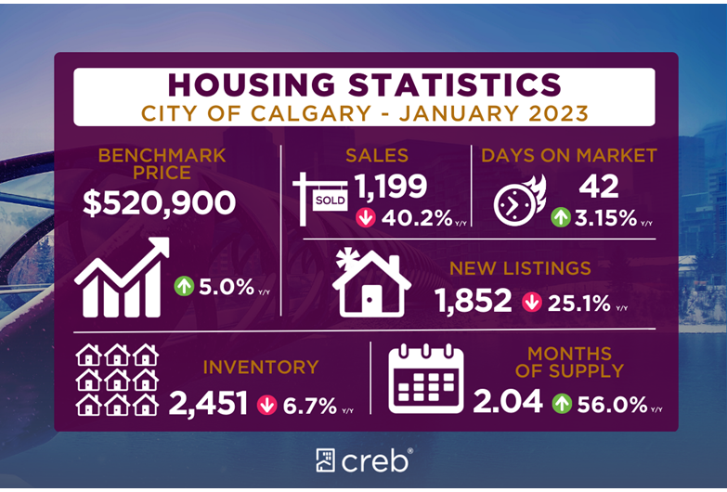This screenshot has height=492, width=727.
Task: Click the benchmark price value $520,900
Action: (159, 203)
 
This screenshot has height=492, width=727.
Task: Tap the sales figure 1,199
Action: (391, 187)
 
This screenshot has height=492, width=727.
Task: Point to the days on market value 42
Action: (599, 187)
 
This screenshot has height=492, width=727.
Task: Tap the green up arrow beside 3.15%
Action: (561, 218)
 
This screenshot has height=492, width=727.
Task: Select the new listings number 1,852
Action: (474, 301)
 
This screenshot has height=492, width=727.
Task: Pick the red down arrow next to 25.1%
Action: (531, 302)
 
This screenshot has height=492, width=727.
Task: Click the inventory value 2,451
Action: (208, 403)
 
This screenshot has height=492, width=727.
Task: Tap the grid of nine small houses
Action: (117, 381)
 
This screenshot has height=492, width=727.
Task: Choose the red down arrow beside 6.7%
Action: (266, 404)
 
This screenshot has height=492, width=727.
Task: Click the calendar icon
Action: (425, 379)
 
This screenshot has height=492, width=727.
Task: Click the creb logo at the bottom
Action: (363, 460)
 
